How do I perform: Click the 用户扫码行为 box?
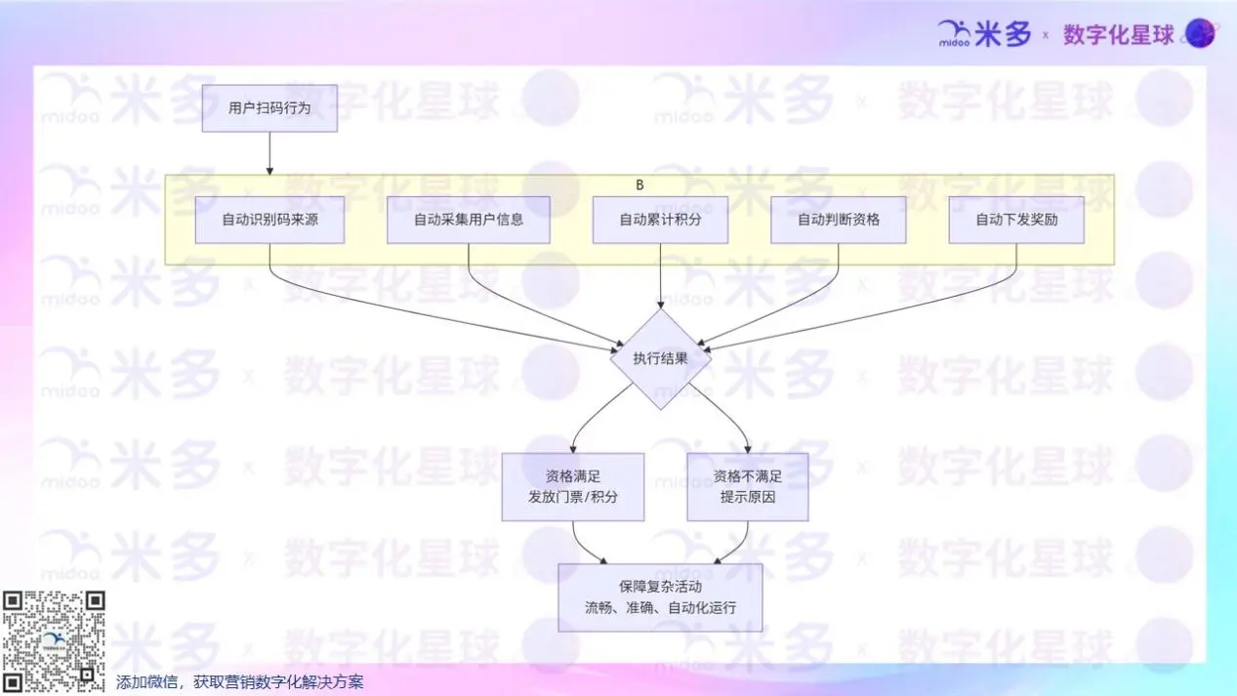tap(269, 107)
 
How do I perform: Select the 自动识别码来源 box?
tap(269, 220)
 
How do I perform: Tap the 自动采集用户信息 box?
tap(468, 220)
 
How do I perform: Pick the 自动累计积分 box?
tap(660, 220)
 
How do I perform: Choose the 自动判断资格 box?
tap(838, 220)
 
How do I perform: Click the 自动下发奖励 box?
tap(1016, 220)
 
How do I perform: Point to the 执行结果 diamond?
tap(660, 358)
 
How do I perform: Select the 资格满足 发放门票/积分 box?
tap(573, 486)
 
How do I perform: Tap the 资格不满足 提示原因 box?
tap(748, 486)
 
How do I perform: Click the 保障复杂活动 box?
tap(660, 597)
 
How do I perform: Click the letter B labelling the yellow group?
tap(639, 184)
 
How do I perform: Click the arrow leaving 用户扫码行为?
tap(269, 153)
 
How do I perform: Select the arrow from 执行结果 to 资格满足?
tap(594, 415)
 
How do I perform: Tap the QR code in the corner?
tap(53, 641)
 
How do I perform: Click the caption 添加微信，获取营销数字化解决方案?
tap(240, 682)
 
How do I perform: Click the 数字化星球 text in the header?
tap(1118, 35)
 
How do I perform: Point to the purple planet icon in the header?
tap(1199, 34)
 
